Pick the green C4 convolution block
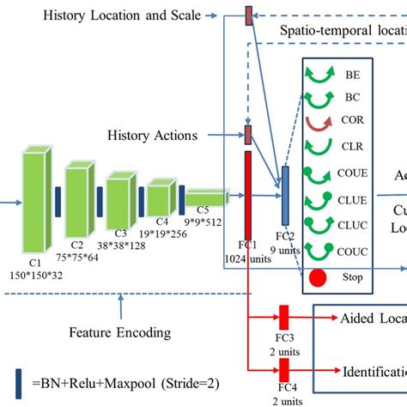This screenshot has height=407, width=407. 161,198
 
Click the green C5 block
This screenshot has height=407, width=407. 204,198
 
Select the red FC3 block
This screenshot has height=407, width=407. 283,316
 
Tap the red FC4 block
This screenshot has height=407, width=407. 283,369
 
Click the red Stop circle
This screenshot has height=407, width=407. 319,276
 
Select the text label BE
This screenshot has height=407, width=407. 352,75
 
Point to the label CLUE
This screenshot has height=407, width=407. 353,200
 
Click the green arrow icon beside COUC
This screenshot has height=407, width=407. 319,251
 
